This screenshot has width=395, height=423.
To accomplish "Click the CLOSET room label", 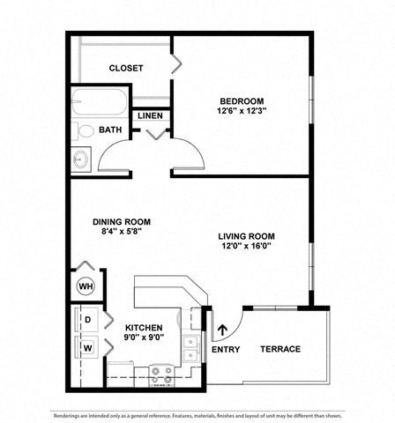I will (x=126, y=68).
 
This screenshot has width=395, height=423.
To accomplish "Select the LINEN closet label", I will (x=149, y=115).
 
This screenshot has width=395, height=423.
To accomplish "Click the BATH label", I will (x=110, y=130).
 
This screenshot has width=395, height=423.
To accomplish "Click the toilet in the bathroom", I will (x=85, y=131).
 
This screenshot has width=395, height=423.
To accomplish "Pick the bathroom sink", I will (x=82, y=160).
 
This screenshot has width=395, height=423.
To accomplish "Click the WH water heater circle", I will (x=86, y=286).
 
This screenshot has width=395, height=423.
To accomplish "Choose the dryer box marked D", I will (x=88, y=319).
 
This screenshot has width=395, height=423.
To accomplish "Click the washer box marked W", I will (x=88, y=346).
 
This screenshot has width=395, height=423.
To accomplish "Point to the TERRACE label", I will (x=279, y=349).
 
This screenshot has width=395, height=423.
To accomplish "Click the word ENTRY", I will (x=226, y=350).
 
